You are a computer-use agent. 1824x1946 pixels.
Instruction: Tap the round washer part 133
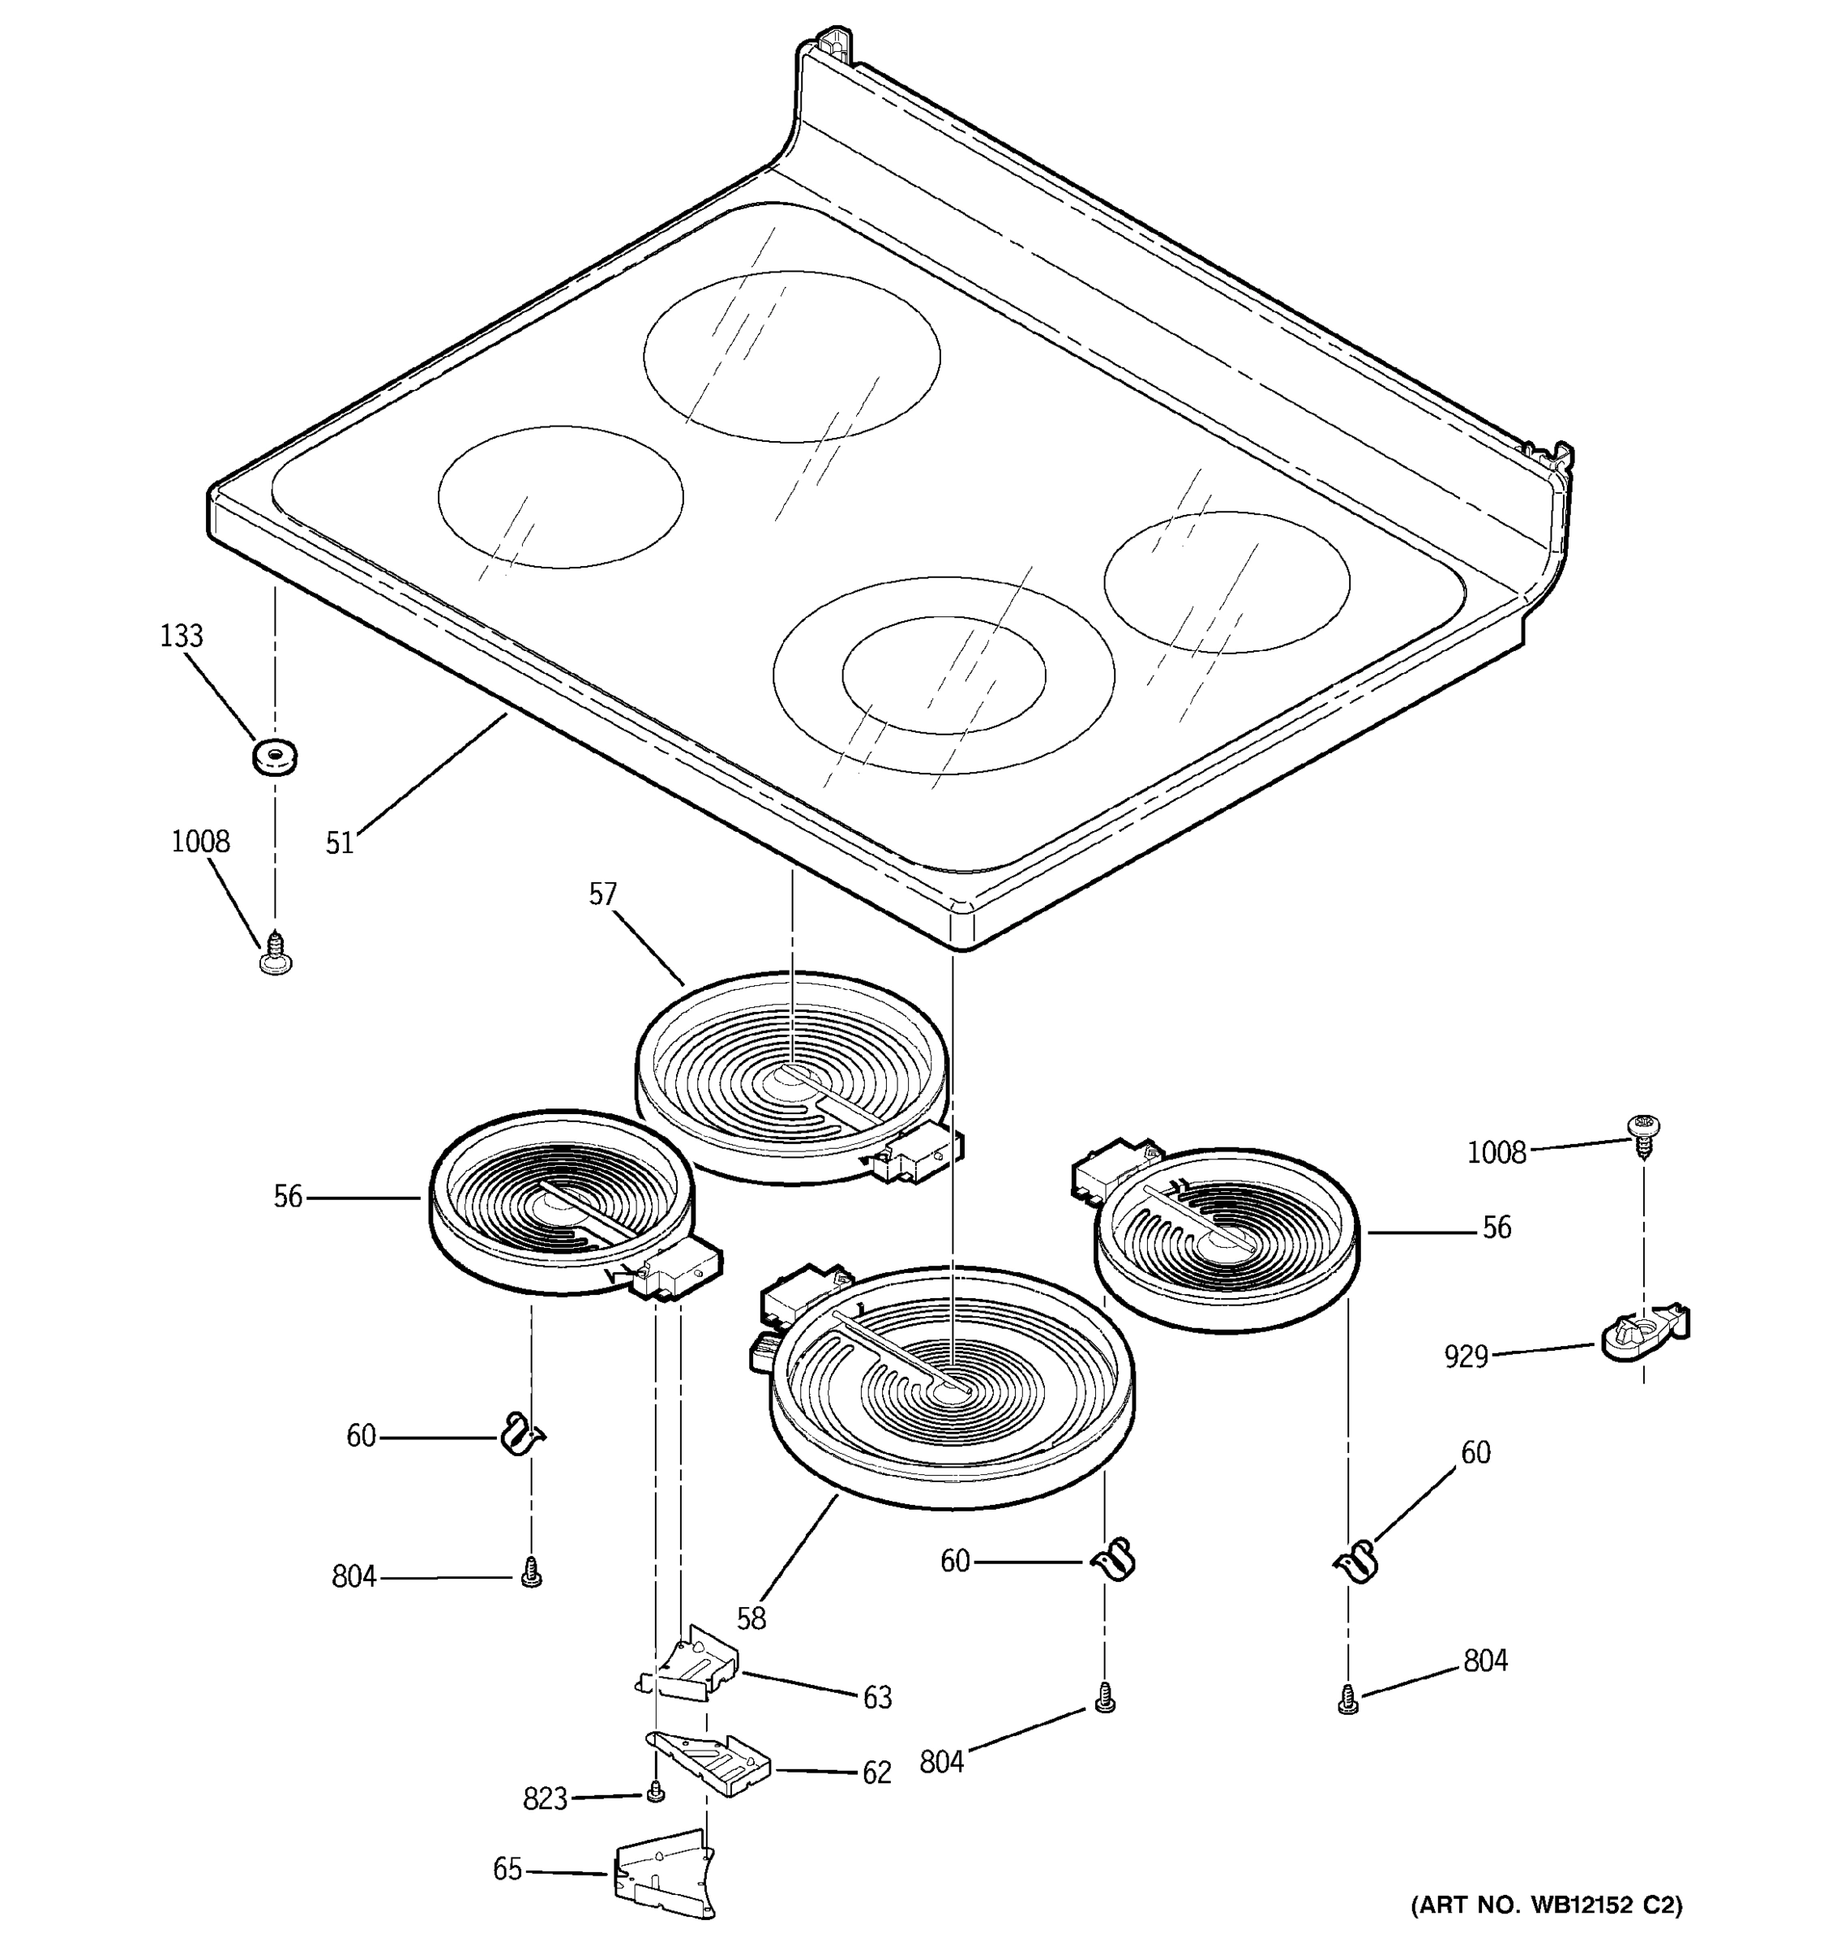click(274, 757)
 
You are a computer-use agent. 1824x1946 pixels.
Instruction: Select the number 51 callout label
click(339, 842)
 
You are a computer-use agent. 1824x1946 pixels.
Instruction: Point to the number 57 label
click(603, 894)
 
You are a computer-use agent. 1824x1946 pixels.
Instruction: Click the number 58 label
click(751, 1618)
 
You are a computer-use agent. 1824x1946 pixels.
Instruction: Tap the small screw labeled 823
click(657, 1792)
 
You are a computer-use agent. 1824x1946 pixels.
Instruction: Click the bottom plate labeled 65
click(663, 1877)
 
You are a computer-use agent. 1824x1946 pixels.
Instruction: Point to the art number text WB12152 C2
click(1546, 1905)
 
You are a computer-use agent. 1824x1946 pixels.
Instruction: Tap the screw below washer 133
click(275, 954)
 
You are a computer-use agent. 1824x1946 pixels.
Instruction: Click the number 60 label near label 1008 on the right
click(1475, 1453)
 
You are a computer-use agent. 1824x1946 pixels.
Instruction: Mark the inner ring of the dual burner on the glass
click(944, 674)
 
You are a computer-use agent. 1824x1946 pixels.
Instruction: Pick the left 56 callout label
click(288, 1196)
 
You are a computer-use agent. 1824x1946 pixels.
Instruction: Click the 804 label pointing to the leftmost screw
click(353, 1577)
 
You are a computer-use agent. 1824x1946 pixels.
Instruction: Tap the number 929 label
click(1465, 1357)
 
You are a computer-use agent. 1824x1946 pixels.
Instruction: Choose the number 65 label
click(507, 1870)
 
